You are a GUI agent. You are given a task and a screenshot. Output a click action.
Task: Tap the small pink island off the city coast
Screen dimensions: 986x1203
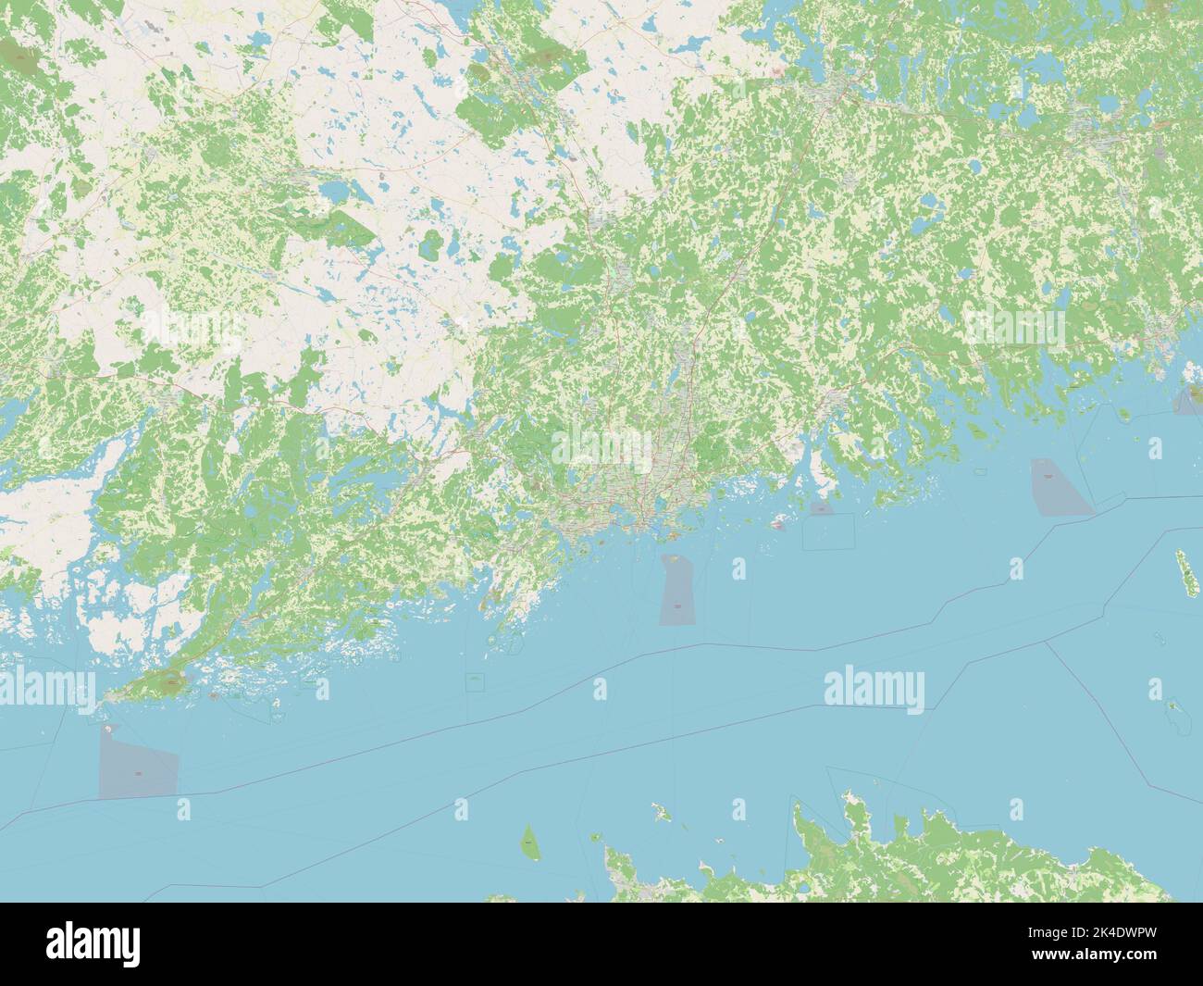(779, 524)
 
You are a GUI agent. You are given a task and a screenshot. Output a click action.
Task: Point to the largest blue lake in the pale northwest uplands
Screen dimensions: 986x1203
(333, 192)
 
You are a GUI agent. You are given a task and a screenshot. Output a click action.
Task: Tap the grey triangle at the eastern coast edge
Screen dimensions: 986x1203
(1184, 400)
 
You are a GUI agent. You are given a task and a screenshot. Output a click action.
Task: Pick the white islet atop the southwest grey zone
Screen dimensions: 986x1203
(111, 728)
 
